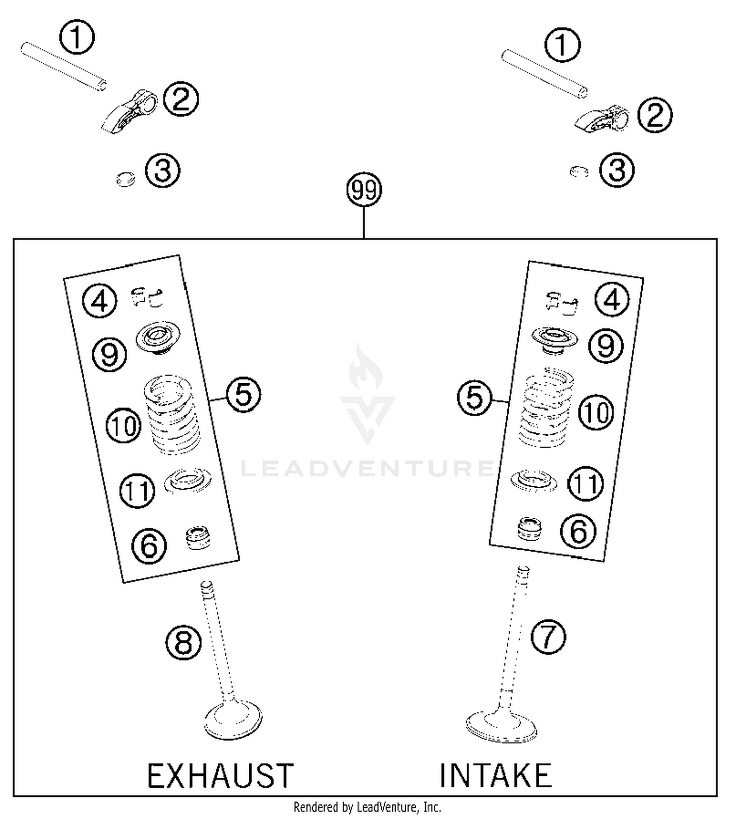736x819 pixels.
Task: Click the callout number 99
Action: (x=364, y=190)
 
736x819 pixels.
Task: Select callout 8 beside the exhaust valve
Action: (x=183, y=642)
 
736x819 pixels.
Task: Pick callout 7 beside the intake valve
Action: (x=548, y=637)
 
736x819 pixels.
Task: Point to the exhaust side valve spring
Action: (x=172, y=415)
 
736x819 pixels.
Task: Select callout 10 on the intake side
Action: (x=596, y=412)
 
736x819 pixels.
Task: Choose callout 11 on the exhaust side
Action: (x=137, y=490)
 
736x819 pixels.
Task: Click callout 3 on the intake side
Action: (x=617, y=170)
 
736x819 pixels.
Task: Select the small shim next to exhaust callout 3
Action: (x=126, y=179)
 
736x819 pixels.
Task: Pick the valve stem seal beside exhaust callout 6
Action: (x=198, y=538)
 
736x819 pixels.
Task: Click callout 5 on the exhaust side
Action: (x=243, y=395)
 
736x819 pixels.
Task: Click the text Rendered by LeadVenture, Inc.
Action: (x=367, y=807)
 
